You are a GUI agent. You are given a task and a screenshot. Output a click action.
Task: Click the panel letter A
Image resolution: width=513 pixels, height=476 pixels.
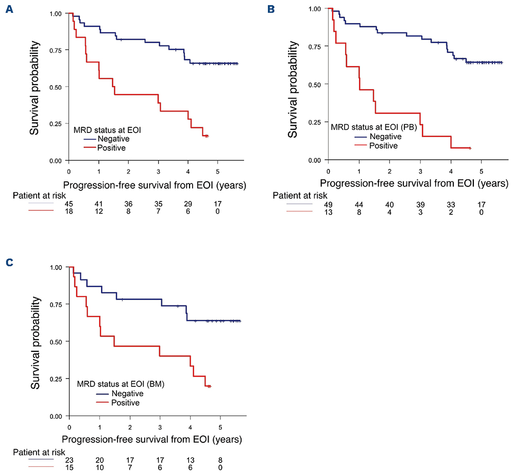tap(9, 10)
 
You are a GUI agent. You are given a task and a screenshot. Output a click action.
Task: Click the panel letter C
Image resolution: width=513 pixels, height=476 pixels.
tap(9, 263)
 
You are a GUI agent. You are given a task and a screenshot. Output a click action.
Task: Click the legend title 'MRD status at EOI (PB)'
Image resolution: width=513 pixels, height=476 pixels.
tap(371, 127)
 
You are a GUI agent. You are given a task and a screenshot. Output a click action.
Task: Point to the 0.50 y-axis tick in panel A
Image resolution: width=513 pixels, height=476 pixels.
tap(54, 87)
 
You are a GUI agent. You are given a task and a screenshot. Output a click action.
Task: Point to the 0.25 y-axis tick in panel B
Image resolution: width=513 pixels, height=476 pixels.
tap(313, 123)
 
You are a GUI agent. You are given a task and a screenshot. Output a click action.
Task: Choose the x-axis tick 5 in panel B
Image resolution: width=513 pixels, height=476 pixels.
tap(481, 171)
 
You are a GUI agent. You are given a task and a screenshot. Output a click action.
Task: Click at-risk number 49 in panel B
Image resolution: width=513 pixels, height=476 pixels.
tap(329, 205)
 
